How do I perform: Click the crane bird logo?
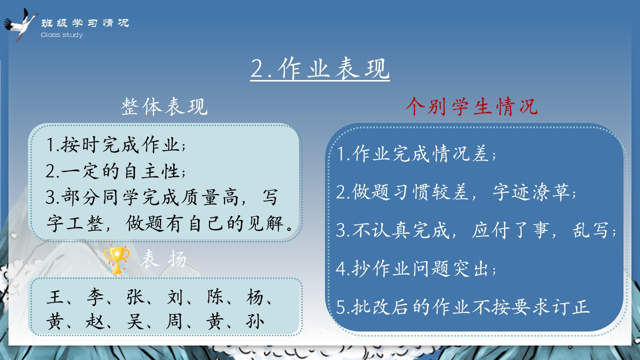tap(20, 25)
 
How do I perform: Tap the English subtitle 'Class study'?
tap(61, 35)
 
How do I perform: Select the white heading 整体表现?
tap(164, 106)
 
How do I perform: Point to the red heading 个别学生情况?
tap(471, 106)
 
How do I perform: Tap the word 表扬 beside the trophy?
tap(163, 259)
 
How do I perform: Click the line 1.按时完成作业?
tap(115, 144)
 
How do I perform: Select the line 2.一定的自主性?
tap(115, 171)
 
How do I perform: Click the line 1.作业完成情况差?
tap(416, 153)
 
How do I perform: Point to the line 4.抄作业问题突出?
tap(416, 268)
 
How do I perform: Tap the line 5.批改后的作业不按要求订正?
tap(463, 307)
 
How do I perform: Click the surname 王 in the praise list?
tap(55, 296)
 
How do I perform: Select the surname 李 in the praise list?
tap(95, 296)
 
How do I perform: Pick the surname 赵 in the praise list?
tap(95, 321)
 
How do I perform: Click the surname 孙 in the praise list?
tap(255, 321)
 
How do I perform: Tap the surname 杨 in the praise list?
tap(255, 296)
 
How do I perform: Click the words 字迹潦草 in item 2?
tap(531, 192)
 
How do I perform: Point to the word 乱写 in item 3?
tap(590, 230)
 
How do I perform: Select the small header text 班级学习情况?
tap(85, 23)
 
